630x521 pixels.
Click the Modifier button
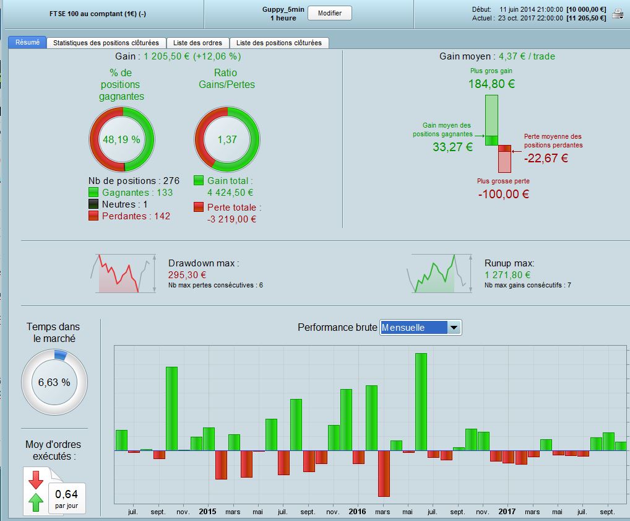[x=329, y=13]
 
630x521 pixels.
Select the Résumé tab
[x=27, y=42]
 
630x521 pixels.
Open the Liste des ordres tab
[x=197, y=43]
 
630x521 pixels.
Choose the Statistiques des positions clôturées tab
[x=106, y=43]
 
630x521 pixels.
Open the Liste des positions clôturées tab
[x=279, y=43]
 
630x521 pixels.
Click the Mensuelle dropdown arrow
[x=454, y=328]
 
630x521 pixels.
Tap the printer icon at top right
[x=618, y=14]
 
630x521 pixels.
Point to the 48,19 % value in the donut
[x=121, y=139]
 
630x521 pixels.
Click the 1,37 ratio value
[x=227, y=139]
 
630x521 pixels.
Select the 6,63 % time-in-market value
[x=54, y=382]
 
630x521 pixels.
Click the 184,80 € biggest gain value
[x=491, y=84]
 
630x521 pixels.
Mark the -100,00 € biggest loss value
[x=503, y=194]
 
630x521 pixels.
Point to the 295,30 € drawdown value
[x=187, y=275]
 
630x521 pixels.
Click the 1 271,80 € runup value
[x=507, y=275]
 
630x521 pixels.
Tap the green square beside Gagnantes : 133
[x=93, y=192]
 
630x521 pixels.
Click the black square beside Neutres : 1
[x=93, y=204]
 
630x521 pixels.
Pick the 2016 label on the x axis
[x=357, y=511]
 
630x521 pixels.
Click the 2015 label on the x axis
[x=207, y=511]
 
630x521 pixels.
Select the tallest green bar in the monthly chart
[x=421, y=402]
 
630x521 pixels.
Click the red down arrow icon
[x=36, y=479]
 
